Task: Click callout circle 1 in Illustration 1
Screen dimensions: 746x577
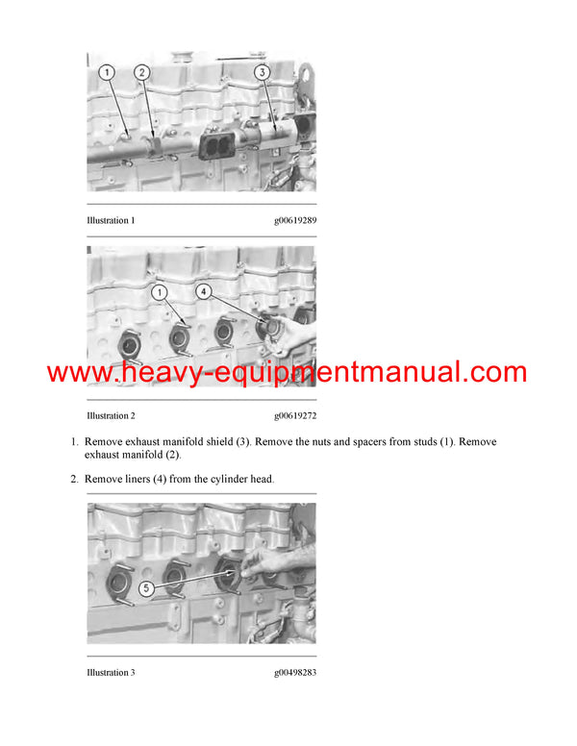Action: (x=107, y=72)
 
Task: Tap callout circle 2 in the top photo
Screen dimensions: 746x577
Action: (x=141, y=72)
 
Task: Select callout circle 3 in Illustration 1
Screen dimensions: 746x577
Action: (x=262, y=72)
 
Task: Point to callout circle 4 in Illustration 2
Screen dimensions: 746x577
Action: (x=204, y=289)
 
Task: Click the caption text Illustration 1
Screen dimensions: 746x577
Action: (x=111, y=221)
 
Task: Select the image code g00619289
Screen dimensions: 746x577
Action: (x=294, y=221)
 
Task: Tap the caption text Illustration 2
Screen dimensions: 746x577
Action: (x=111, y=416)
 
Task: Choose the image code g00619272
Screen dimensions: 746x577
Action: (x=294, y=416)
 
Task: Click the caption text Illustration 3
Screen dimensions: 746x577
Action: (x=111, y=672)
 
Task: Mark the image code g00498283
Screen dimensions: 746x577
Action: (x=294, y=672)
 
